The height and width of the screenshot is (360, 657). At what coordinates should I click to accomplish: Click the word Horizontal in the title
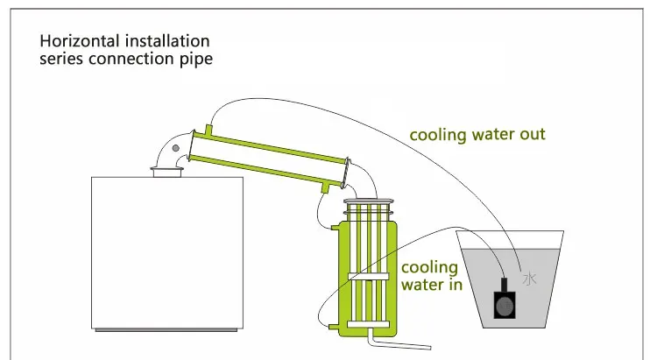pyautogui.click(x=80, y=41)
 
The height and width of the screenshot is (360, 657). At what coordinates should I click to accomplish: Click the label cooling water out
pyautogui.click(x=477, y=135)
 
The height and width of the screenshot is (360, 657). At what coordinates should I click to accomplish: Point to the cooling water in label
pyautogui.click(x=432, y=276)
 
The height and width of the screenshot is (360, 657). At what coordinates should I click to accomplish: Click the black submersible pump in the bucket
pyautogui.click(x=504, y=300)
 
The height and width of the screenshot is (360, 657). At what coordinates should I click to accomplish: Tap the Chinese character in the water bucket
pyautogui.click(x=530, y=279)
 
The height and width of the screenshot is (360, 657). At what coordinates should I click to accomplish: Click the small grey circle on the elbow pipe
pyautogui.click(x=176, y=148)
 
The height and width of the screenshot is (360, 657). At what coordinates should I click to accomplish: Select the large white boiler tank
pyautogui.click(x=167, y=253)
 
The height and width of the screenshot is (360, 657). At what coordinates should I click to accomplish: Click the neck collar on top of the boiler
pyautogui.click(x=167, y=172)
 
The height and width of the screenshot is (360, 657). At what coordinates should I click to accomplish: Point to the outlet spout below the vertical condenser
pyautogui.click(x=398, y=342)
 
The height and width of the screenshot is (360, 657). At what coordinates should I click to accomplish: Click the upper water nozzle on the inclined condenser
pyautogui.click(x=208, y=130)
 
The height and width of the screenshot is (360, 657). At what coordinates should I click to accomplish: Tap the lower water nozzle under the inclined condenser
pyautogui.click(x=325, y=187)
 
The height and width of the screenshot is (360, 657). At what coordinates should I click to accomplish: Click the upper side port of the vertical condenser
pyautogui.click(x=335, y=228)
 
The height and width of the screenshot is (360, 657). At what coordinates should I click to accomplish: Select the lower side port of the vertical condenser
pyautogui.click(x=334, y=327)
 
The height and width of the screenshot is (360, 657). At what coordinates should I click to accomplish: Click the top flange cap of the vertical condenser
pyautogui.click(x=369, y=202)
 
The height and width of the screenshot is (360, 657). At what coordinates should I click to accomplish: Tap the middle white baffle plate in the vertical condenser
pyautogui.click(x=368, y=276)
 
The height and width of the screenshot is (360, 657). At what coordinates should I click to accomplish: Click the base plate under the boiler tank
pyautogui.click(x=166, y=330)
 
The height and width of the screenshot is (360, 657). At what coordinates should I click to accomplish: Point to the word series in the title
pyautogui.click(x=61, y=59)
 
